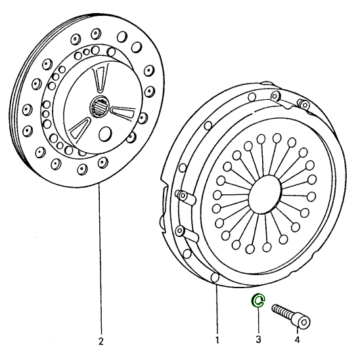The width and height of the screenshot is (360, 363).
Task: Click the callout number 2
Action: [x=101, y=341]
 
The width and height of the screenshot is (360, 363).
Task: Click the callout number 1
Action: [x=217, y=340]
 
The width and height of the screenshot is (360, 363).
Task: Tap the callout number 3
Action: [x=258, y=339]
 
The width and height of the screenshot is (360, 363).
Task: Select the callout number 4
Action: [x=297, y=339]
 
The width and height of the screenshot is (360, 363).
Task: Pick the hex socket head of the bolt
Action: [x=302, y=321]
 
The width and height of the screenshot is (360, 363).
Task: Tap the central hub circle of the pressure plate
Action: [x=265, y=194]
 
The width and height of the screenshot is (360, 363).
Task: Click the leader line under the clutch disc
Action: [x=100, y=259]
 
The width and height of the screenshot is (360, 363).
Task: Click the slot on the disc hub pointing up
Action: [x=101, y=77]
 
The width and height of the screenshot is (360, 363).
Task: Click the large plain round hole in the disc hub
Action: [x=105, y=133]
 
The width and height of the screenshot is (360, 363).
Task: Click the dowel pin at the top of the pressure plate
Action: [x=304, y=104]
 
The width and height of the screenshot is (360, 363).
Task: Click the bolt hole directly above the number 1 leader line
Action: [x=215, y=278]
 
